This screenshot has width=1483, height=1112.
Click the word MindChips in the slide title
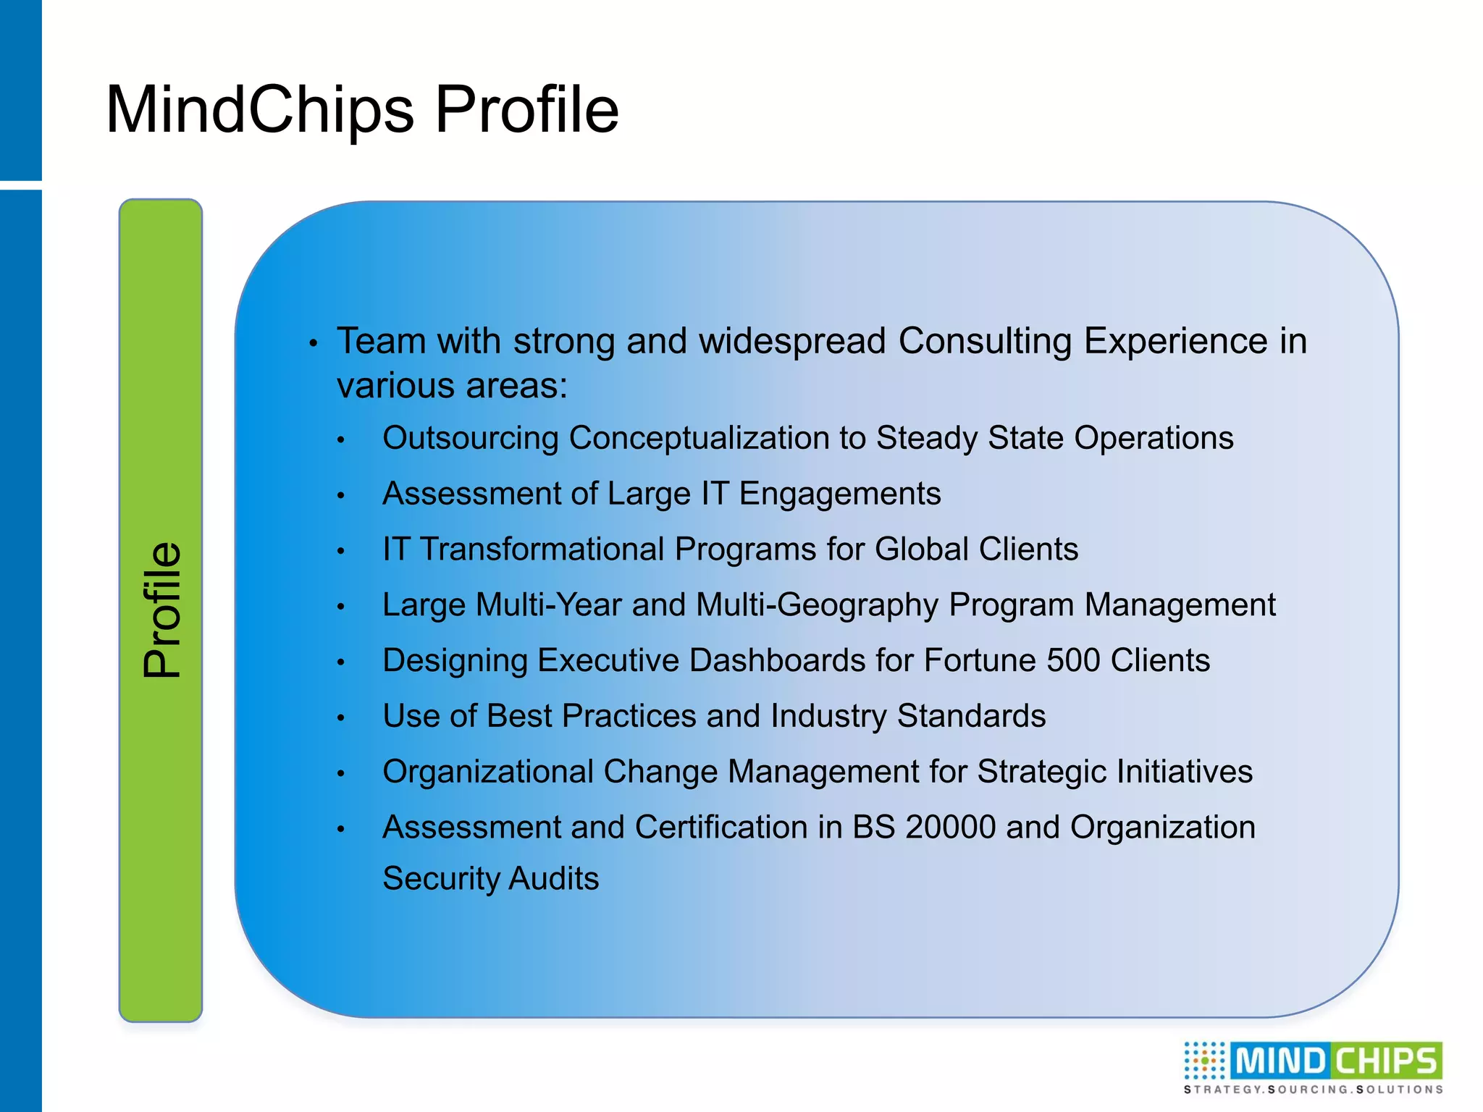point(259,110)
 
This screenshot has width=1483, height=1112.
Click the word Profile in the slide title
point(526,110)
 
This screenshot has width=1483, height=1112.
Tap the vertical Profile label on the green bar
point(161,610)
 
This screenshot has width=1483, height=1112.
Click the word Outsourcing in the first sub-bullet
point(471,438)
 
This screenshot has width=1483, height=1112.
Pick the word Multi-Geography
point(817,605)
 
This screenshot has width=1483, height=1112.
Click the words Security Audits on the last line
point(490,879)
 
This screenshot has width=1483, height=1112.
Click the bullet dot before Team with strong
point(313,344)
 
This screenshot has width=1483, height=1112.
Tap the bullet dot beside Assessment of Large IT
point(341,496)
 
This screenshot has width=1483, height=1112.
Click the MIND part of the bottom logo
point(1280,1061)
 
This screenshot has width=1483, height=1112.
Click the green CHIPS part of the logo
point(1386,1061)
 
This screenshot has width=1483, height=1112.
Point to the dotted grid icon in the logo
point(1204,1061)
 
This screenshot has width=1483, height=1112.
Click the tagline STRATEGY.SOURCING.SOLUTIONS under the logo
point(1313,1090)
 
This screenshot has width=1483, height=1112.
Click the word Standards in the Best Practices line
point(971,716)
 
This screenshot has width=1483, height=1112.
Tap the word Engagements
point(839,494)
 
